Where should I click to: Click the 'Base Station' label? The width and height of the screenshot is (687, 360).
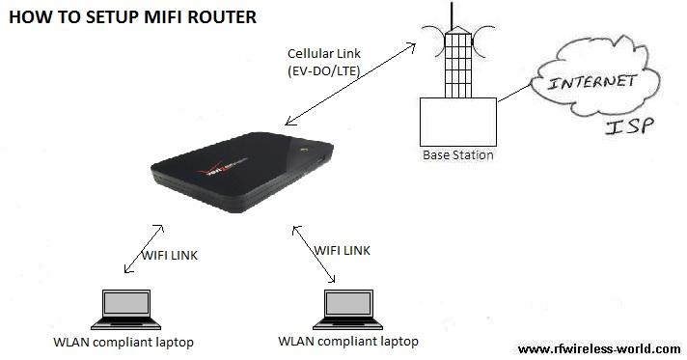point(457,154)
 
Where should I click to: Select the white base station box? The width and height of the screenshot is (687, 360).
point(457,121)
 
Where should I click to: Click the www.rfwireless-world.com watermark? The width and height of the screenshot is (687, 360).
point(598,348)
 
